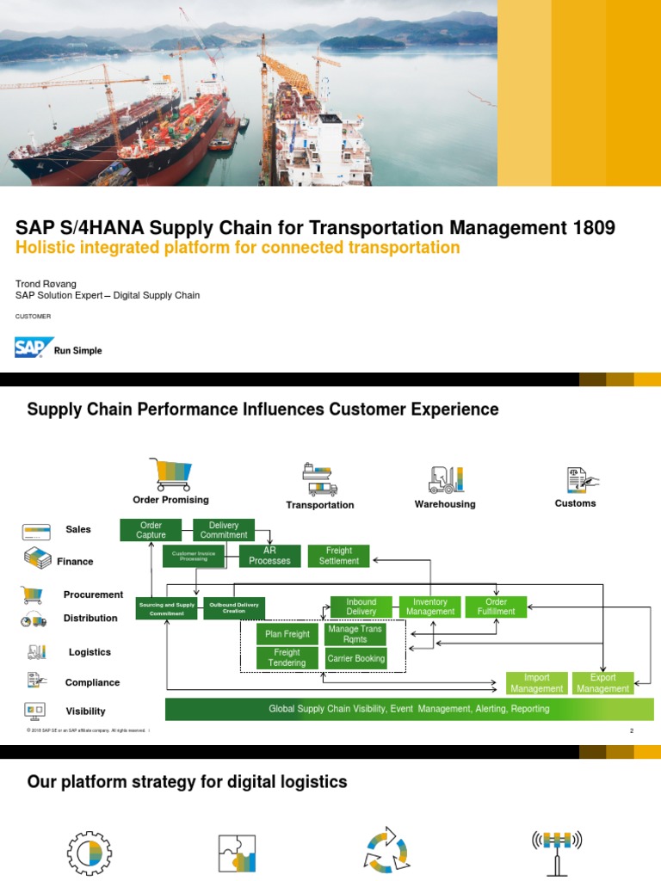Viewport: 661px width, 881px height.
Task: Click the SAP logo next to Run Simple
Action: point(32,348)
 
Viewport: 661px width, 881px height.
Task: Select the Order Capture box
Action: point(151,530)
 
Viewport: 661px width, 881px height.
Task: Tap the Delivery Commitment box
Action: point(223,530)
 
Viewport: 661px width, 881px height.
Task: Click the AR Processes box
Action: point(269,556)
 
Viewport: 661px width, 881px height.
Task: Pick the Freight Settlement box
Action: point(338,556)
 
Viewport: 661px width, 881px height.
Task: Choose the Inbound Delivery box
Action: point(361,607)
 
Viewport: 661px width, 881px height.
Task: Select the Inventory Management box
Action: point(429,607)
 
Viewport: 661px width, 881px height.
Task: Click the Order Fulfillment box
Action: point(496,607)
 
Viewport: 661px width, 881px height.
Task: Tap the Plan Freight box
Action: point(287,634)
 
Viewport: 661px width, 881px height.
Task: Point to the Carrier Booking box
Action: point(355,658)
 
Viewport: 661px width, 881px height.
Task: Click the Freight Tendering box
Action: point(287,658)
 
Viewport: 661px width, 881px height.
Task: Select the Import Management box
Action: point(536,683)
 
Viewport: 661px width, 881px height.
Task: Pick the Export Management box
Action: point(602,683)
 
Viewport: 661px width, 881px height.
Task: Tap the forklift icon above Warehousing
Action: point(445,479)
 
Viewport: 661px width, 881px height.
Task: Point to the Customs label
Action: point(575,503)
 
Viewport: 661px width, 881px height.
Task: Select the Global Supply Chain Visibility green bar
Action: point(409,709)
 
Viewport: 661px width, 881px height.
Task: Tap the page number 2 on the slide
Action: point(632,731)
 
